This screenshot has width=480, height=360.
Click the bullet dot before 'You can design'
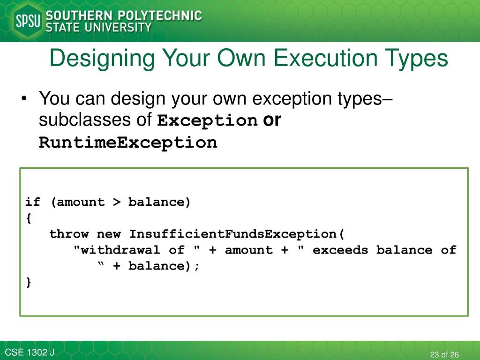coord(25,100)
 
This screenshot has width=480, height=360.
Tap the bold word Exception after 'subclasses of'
coord(207,121)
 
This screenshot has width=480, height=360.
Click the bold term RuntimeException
coord(128,142)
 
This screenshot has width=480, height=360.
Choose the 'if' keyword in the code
coord(33,202)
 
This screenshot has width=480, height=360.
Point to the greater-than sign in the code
coord(116,202)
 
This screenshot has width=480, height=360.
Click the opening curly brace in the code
coord(29,218)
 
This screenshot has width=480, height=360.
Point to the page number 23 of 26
coord(444,354)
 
